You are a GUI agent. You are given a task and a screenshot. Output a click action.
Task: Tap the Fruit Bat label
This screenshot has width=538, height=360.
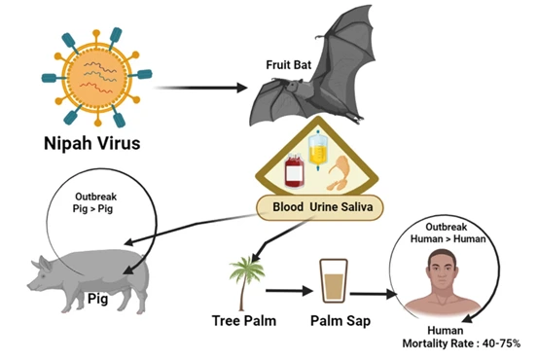pyautogui.click(x=290, y=65)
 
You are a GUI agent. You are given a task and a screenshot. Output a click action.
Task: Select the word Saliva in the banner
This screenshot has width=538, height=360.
pyautogui.click(x=354, y=207)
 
